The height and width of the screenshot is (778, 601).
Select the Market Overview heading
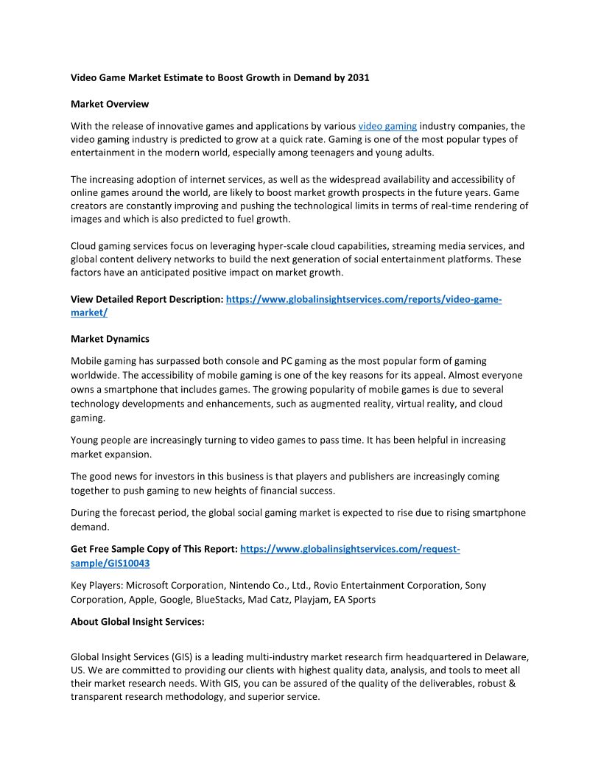point(110,104)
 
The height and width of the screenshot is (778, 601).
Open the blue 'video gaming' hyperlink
point(387,126)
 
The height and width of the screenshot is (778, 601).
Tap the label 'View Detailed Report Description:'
point(147,300)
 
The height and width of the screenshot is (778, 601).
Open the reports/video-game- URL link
point(364,300)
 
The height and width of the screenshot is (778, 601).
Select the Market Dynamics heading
point(110,339)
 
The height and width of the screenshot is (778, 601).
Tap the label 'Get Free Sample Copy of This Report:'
point(154,550)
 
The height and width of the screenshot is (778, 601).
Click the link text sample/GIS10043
point(110,563)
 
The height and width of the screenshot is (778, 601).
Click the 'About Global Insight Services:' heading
point(137,622)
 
